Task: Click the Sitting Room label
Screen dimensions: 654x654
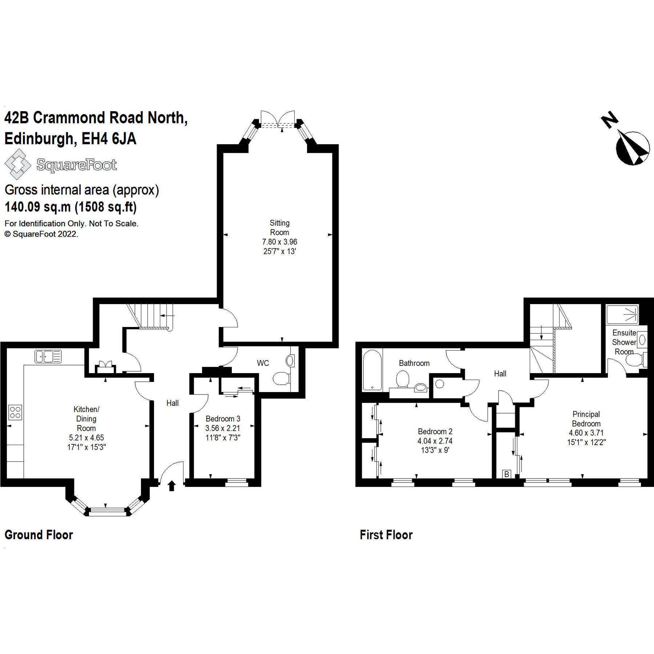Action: pyautogui.click(x=279, y=228)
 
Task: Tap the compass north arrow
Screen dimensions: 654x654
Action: pyautogui.click(x=633, y=148)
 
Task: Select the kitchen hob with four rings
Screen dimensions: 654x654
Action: pyautogui.click(x=15, y=412)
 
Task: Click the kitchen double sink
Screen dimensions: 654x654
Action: pyautogui.click(x=48, y=356)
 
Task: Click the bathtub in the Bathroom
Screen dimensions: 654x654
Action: pyautogui.click(x=372, y=370)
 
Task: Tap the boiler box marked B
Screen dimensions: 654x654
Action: pyautogui.click(x=506, y=474)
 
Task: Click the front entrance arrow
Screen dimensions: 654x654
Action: pyautogui.click(x=172, y=486)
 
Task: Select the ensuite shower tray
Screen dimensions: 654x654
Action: pyautogui.click(x=622, y=314)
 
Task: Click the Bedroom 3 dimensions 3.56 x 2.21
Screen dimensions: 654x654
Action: pyautogui.click(x=223, y=428)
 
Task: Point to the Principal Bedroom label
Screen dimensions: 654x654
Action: pyautogui.click(x=586, y=419)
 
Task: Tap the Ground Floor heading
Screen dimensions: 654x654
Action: pyautogui.click(x=39, y=535)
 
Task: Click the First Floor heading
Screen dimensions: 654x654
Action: pyautogui.click(x=386, y=535)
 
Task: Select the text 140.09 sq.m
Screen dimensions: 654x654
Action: pyautogui.click(x=37, y=207)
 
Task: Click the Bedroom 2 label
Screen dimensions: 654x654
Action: pyautogui.click(x=435, y=431)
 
